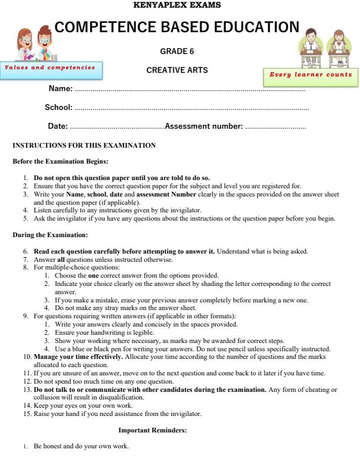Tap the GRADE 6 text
[177, 51]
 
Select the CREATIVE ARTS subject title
[177, 71]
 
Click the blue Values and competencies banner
[51, 68]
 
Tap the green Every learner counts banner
[310, 75]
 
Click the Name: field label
[61, 89]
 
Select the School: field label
[59, 107]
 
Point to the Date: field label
[58, 126]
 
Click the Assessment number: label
[204, 126]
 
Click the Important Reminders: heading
[153, 431]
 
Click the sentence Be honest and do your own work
[81, 447]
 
